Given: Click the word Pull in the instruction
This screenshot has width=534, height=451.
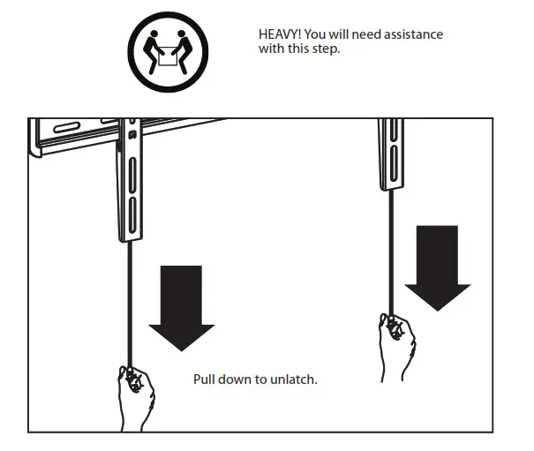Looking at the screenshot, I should pyautogui.click(x=205, y=380).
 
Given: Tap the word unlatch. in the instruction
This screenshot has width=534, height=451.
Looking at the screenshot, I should pyautogui.click(x=295, y=380).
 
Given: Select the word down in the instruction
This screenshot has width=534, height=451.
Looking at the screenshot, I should pyautogui.click(x=237, y=380).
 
